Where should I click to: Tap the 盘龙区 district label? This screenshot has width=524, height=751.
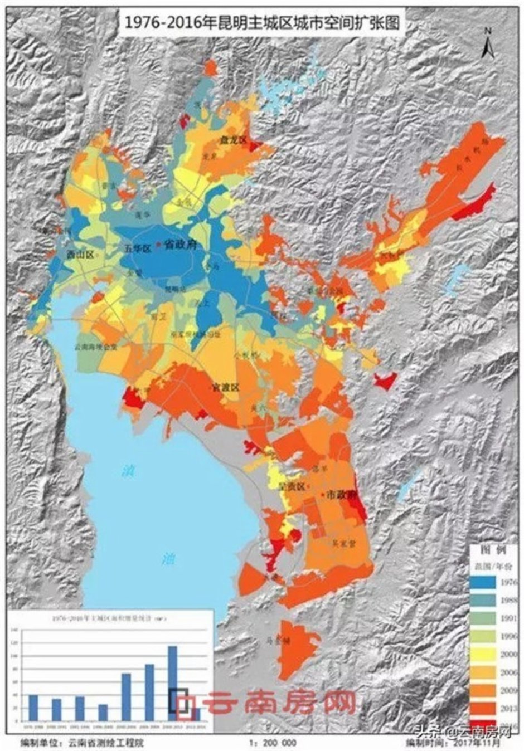pyautogui.click(x=232, y=140)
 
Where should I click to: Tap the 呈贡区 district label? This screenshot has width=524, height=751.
pyautogui.click(x=292, y=486)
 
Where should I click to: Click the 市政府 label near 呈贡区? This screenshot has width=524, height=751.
pyautogui.click(x=340, y=494)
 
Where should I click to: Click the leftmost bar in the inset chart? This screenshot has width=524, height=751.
pyautogui.click(x=33, y=706)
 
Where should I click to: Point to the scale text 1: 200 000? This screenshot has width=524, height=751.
pyautogui.click(x=274, y=743)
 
